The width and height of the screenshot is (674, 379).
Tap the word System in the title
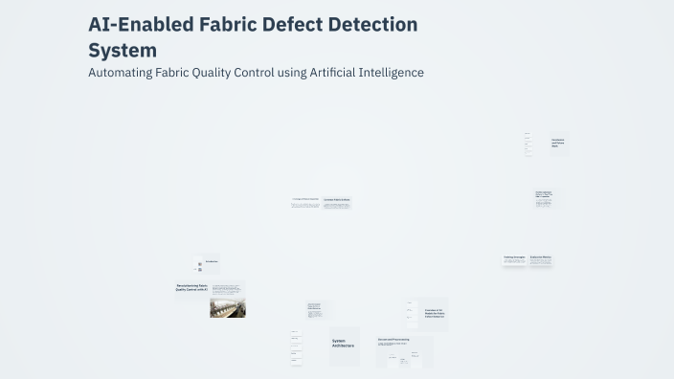[123, 50]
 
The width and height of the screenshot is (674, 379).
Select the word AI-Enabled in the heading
[140, 24]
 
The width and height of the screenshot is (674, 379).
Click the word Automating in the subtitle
[120, 73]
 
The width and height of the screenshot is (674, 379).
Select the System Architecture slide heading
[343, 344]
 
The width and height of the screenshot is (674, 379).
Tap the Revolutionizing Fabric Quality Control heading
[192, 288]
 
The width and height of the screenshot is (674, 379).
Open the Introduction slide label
[211, 261]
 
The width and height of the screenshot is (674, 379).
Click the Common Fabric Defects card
[336, 202]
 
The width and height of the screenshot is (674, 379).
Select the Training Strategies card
[514, 258]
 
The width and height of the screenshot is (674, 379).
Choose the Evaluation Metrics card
[541, 258]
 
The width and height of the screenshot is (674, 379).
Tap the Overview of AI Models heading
[435, 313]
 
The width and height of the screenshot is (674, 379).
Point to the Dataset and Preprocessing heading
[393, 339]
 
